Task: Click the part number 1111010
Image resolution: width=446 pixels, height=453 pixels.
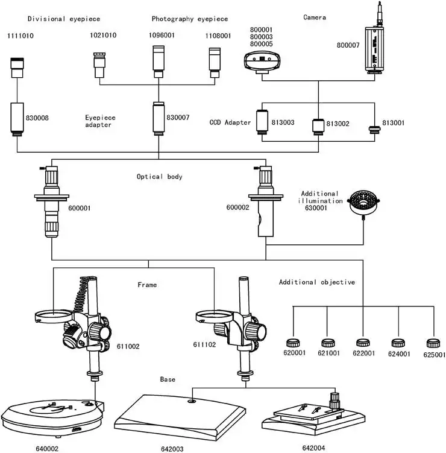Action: [x=20, y=36]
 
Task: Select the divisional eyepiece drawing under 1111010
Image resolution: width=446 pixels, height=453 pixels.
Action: [x=17, y=68]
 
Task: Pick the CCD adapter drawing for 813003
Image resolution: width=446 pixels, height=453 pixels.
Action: [x=263, y=121]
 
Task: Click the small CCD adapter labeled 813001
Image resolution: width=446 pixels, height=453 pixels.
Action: [x=374, y=128]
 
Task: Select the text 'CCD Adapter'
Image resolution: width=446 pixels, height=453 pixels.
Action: [x=230, y=122]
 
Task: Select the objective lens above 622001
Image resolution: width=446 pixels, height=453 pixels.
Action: [x=362, y=343]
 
